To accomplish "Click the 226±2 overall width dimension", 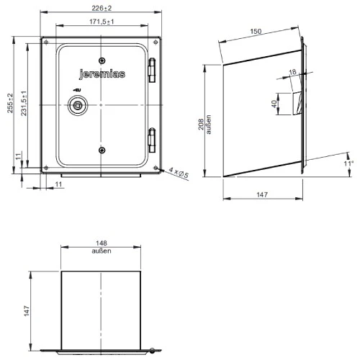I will point(102,9).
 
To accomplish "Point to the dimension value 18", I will point(291,71).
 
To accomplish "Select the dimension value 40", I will point(274,104).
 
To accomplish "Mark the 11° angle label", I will point(349,165).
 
